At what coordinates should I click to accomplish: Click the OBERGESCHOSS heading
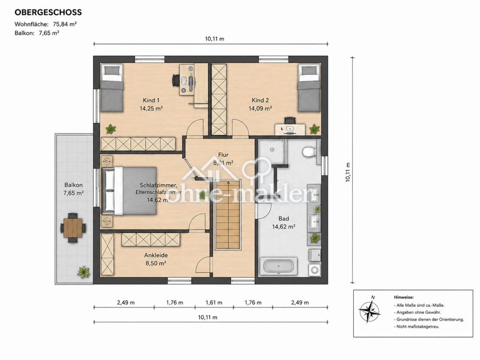click(48, 12)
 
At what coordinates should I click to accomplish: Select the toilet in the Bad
click(309, 151)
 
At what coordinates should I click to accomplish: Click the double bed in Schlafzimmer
click(129, 191)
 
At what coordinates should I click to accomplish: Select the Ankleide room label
click(156, 255)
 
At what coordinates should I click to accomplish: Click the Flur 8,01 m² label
click(224, 159)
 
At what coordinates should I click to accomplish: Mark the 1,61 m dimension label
click(214, 302)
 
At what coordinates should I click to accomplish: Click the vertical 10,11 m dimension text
click(348, 172)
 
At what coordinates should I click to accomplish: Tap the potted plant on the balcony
click(84, 272)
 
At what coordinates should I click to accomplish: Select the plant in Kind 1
click(110, 129)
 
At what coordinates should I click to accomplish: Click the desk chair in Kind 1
click(175, 80)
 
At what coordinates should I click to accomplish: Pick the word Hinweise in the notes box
click(404, 297)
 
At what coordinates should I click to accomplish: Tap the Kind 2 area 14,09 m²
click(260, 108)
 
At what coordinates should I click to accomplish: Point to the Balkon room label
click(73, 185)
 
